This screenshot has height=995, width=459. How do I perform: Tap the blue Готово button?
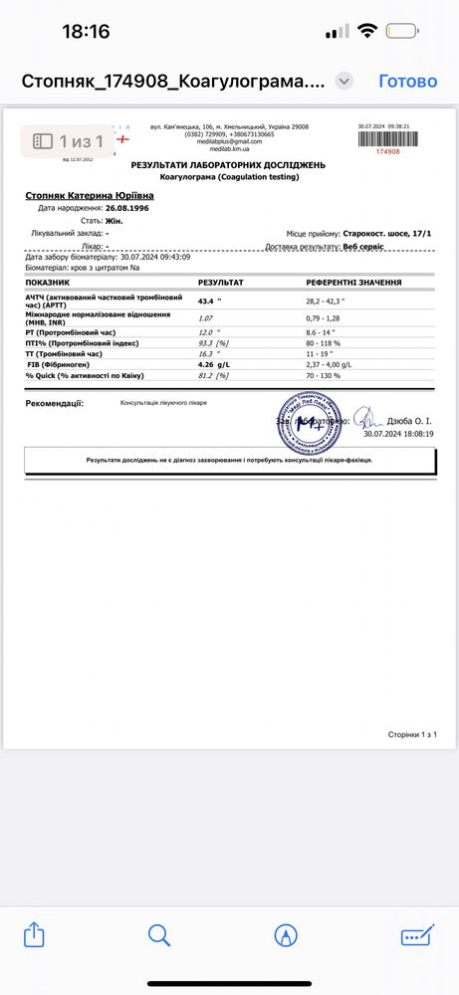pos(407,81)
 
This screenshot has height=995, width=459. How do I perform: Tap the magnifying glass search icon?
pos(159,934)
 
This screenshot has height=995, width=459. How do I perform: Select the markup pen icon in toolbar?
pos(287,934)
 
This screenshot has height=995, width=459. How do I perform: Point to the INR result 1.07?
pos(207,317)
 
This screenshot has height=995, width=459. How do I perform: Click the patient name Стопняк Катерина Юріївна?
pos(90,196)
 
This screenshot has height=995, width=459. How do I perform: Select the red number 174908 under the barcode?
pos(387,151)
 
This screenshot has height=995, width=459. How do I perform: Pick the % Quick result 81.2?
pos(207,376)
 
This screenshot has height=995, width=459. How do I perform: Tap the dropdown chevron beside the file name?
pos(344,81)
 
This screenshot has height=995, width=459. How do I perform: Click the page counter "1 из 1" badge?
pos(70,140)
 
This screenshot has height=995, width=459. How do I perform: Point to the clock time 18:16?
pos(86,31)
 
